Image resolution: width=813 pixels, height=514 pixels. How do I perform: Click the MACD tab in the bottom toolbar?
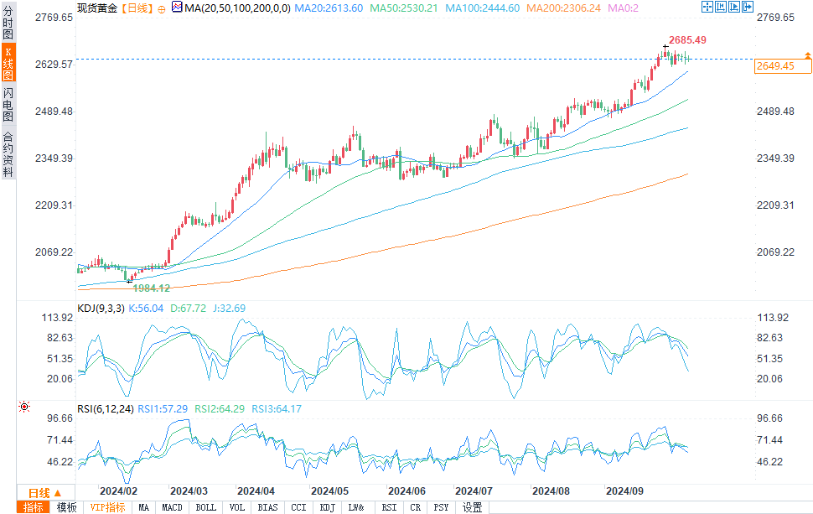coord(173,507)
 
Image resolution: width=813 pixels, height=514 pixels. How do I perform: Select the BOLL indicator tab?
coord(205,507)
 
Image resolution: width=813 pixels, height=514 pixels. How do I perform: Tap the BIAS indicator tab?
coord(268,507)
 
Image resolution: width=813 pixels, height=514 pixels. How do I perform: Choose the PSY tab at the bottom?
coord(441,507)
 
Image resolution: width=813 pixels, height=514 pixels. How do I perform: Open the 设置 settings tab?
coord(473,507)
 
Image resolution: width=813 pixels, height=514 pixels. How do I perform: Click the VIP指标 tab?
coord(107,507)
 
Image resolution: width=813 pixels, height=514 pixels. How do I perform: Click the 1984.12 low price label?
coord(152,288)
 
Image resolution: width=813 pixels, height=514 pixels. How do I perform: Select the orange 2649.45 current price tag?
coord(775,65)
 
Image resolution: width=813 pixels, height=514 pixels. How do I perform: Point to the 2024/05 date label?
coord(329,491)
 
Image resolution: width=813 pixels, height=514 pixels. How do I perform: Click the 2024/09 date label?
coord(624,491)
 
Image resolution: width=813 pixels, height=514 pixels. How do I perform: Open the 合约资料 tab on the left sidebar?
coord(8,154)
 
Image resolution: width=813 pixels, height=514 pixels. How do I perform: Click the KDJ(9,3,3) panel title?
coord(101,309)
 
